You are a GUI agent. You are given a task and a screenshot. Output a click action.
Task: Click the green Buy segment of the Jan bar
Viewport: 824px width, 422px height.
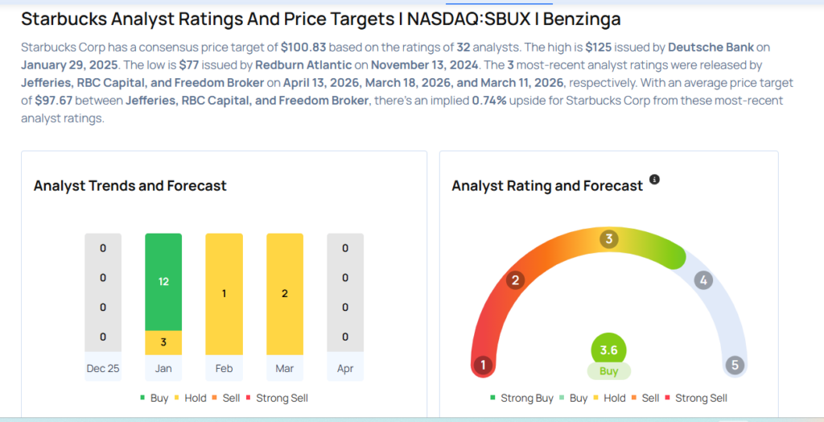click(x=163, y=282)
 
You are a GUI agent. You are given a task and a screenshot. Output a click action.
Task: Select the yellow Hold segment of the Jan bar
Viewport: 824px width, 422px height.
click(x=163, y=342)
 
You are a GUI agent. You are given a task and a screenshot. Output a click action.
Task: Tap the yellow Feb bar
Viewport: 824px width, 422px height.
click(x=224, y=294)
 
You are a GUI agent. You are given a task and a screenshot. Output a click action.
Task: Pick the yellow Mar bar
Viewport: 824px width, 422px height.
click(x=285, y=294)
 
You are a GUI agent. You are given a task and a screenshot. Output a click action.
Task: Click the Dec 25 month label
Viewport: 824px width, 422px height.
click(x=103, y=369)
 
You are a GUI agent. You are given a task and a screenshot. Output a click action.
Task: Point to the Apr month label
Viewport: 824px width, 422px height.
click(x=345, y=369)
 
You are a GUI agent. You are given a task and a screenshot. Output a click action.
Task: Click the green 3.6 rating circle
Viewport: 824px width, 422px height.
click(x=608, y=350)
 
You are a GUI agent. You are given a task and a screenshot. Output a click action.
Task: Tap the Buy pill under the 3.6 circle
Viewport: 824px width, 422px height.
click(x=608, y=371)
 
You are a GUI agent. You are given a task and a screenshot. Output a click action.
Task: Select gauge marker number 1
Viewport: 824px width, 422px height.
click(x=484, y=365)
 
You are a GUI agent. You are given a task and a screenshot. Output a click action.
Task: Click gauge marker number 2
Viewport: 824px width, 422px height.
click(x=515, y=280)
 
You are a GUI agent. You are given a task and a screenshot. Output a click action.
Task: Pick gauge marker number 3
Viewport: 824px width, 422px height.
click(x=609, y=238)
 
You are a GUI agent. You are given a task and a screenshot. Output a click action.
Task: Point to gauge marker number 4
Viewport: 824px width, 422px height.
click(x=703, y=280)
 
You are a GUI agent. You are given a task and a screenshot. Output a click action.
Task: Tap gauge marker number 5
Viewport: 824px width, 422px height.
click(x=734, y=365)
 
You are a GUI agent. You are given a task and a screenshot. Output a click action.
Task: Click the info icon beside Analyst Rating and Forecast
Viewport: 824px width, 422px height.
click(x=654, y=180)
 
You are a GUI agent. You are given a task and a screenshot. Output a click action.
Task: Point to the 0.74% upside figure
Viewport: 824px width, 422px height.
click(x=489, y=101)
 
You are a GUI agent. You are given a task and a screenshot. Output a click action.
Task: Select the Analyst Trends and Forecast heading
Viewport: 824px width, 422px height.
click(x=130, y=186)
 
